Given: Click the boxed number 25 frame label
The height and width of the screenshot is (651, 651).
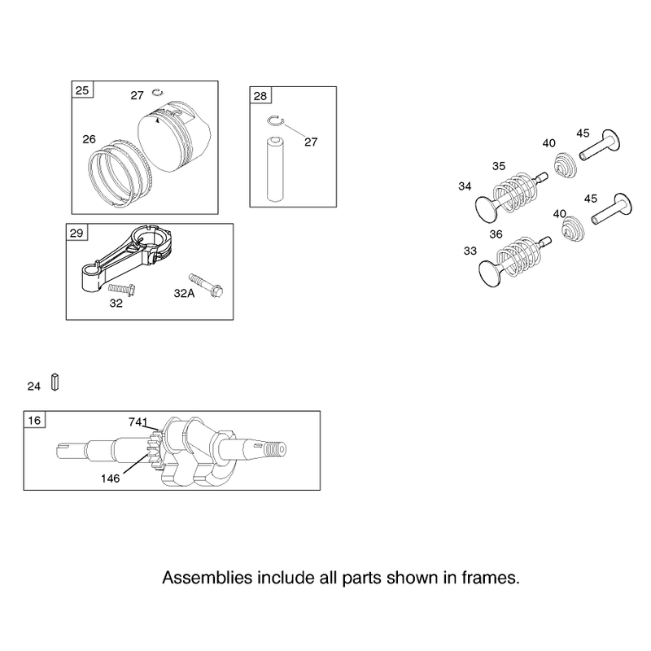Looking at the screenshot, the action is (x=82, y=90).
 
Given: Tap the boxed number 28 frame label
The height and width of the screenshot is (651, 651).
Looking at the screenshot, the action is (x=260, y=96).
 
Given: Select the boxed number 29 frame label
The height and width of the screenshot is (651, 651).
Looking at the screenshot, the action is (x=76, y=233).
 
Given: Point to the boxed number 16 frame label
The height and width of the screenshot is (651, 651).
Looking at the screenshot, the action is (x=34, y=420).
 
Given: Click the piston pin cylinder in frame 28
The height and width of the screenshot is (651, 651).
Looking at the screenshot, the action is (x=275, y=168).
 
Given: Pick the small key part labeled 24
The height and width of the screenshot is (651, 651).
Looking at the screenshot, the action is (x=55, y=382).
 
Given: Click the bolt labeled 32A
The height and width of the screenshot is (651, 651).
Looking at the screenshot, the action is (x=206, y=285).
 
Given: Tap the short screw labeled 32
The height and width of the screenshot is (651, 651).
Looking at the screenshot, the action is (x=121, y=290).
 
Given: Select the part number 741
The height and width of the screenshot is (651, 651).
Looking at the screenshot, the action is (x=138, y=422).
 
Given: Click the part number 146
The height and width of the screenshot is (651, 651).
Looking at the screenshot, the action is (x=110, y=478).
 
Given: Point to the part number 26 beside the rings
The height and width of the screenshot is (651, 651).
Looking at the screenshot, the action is (x=89, y=139).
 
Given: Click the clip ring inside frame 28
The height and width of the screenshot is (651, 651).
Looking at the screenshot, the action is (x=275, y=120).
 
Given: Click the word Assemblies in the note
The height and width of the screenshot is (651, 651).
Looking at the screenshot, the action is (x=208, y=578).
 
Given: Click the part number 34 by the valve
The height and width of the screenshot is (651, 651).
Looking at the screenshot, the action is (x=465, y=186).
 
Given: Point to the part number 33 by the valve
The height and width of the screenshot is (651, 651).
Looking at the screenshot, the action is (x=470, y=251).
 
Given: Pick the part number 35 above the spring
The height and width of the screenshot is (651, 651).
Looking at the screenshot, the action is (x=499, y=166).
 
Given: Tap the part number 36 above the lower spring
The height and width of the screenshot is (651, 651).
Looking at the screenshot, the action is (x=496, y=234).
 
